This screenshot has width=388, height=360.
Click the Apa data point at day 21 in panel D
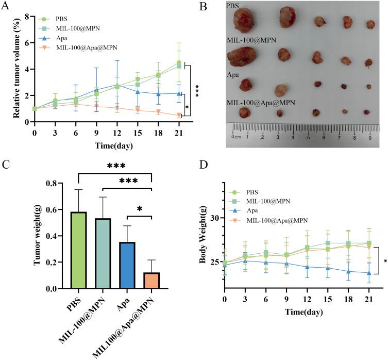(368, 273)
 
